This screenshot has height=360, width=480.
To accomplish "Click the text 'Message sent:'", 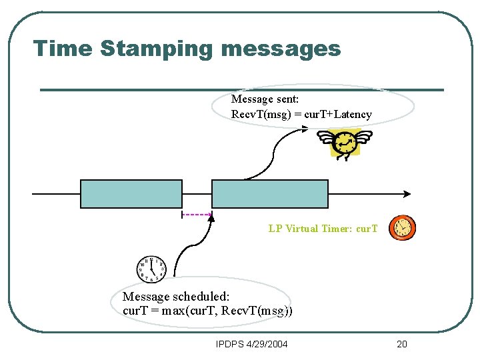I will pos(265,99).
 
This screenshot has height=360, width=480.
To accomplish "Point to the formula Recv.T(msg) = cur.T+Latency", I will pos(301,115).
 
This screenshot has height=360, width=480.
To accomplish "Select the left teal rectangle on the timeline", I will pos(131,194).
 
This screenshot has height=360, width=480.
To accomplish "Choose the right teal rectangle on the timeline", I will pos(270,194).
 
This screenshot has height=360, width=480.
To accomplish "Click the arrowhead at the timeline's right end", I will pos(406,194).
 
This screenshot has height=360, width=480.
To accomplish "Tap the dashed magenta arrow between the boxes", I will pos(197,215).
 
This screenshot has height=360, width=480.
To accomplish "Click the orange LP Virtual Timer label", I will pos(323,229).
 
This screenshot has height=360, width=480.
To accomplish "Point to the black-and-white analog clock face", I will pos(151,269).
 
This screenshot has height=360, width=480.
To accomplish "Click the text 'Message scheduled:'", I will pos(176,296).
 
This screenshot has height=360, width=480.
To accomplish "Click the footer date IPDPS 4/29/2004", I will pos(252,344).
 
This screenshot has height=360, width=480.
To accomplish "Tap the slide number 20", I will pos(401,344).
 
